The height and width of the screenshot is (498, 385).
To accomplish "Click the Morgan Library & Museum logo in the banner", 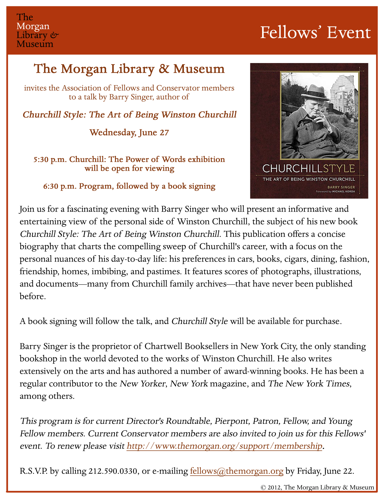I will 37,30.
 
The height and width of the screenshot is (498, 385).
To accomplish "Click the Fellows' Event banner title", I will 315,33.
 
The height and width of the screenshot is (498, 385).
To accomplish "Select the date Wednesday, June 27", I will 129,132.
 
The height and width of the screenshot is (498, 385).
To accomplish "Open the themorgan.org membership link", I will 224,446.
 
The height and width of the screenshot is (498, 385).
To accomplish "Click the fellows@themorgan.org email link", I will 236,471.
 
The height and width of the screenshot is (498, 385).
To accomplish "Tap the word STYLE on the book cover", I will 339,168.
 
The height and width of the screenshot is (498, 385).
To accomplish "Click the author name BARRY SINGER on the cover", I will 342,187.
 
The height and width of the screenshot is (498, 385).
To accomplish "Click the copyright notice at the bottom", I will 317,487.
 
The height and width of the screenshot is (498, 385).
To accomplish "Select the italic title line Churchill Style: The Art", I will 130,115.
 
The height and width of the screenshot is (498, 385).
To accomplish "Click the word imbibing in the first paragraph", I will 109,271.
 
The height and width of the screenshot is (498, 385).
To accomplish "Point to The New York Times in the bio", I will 309,383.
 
